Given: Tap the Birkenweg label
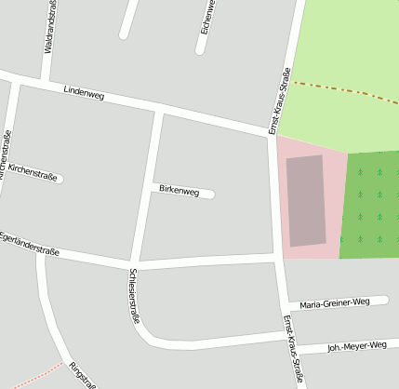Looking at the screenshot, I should (179, 191).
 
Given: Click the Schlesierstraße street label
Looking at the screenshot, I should (135, 294).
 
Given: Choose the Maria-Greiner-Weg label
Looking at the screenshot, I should (335, 302).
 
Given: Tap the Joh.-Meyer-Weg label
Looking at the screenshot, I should (356, 346).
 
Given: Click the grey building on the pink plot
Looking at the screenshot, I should (306, 200).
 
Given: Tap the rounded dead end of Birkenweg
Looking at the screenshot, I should (210, 194).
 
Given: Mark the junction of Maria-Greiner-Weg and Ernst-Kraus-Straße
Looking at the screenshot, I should (283, 305).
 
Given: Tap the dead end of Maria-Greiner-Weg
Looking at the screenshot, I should (383, 300).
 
